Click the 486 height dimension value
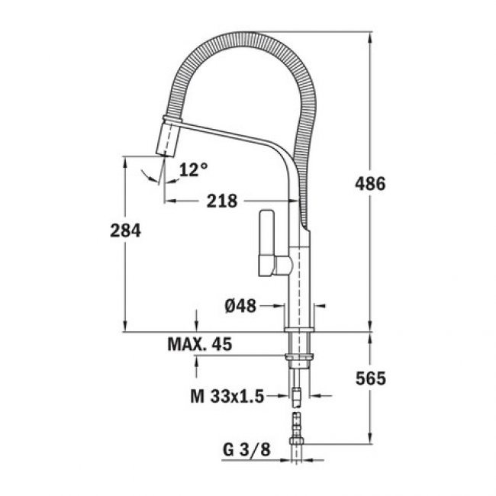[x=371, y=184]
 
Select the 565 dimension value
[x=371, y=378]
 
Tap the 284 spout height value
[x=125, y=230]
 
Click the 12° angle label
[x=193, y=169]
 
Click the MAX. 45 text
[x=199, y=345]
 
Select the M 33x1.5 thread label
[x=227, y=396]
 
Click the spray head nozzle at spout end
[x=167, y=140]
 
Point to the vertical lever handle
[x=267, y=240]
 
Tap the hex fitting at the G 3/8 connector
[x=298, y=441]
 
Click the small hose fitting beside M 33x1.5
[x=298, y=395]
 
